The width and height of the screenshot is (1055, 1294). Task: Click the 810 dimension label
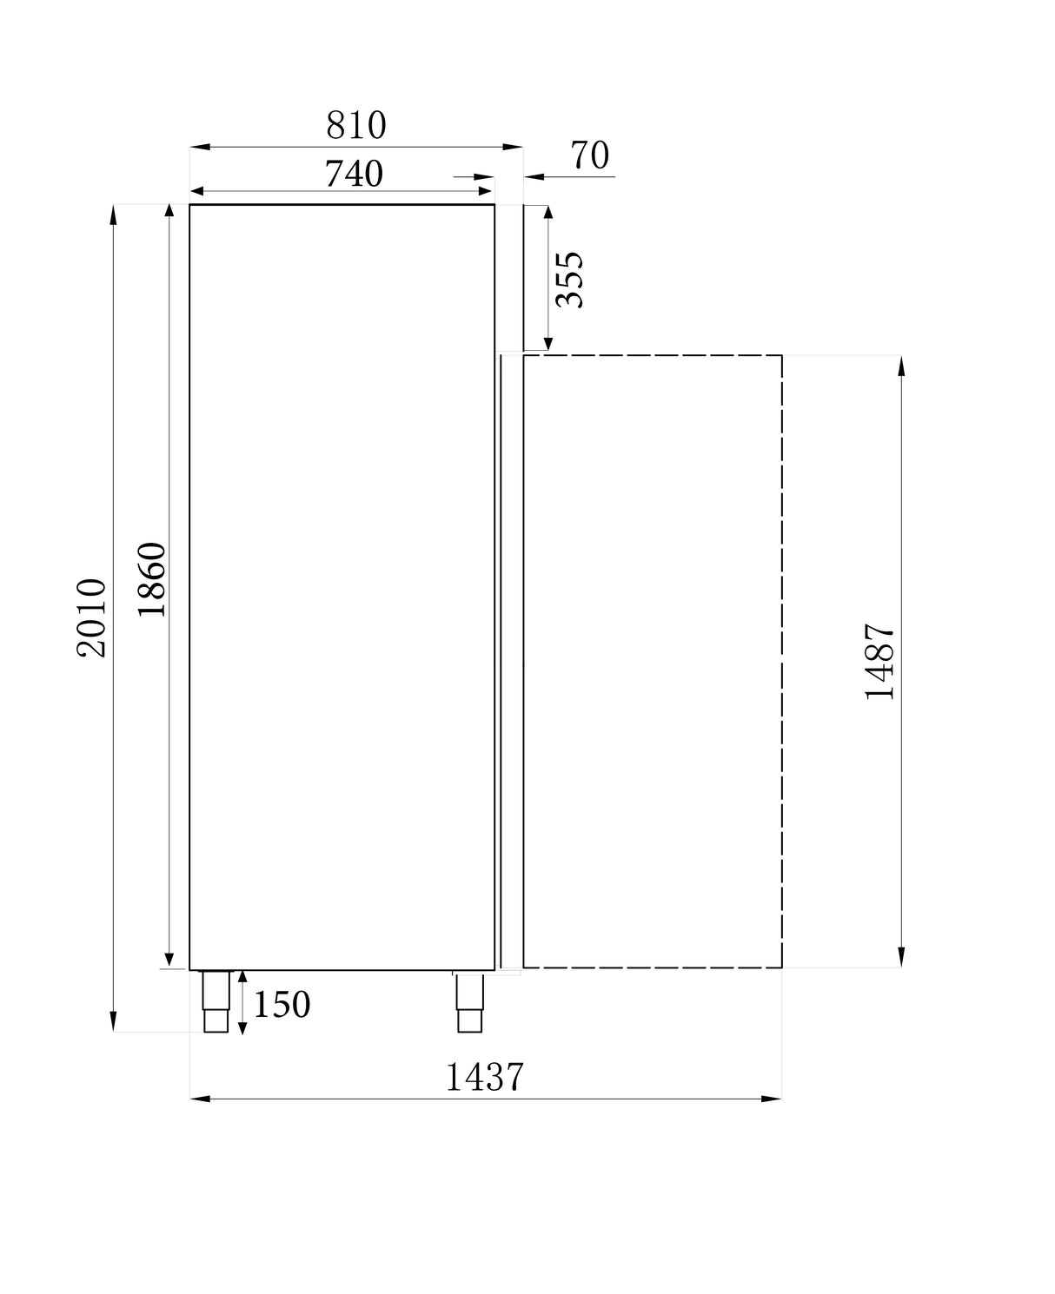356,126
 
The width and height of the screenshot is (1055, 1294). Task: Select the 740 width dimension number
354,175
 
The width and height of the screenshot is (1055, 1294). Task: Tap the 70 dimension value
590,156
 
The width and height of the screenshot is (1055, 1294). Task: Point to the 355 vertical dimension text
570,280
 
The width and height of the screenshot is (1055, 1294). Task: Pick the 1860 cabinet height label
151,579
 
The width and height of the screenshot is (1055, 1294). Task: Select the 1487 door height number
880,662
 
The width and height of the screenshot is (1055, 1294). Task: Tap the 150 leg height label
282,1005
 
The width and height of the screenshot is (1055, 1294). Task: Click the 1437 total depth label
485,1078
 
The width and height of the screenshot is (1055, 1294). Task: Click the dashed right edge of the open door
782,660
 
